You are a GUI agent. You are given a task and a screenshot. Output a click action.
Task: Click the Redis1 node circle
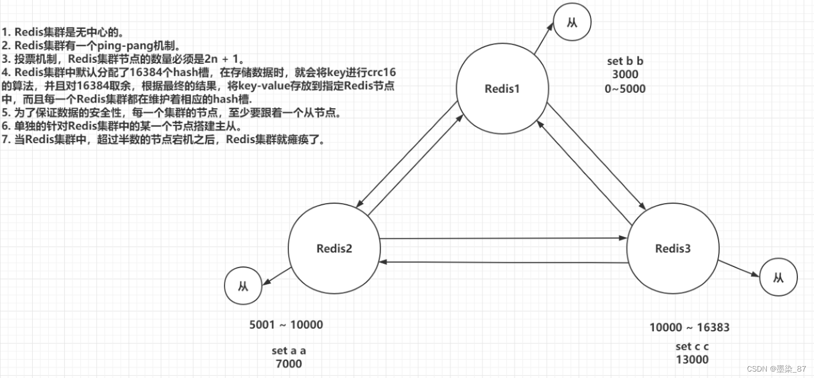(502, 89)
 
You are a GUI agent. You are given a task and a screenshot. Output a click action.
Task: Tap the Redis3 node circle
(673, 248)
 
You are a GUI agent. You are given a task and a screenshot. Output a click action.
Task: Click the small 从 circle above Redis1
(572, 23)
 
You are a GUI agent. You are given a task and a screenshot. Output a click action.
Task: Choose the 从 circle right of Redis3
(778, 277)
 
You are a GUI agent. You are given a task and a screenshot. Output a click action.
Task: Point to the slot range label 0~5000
(625, 89)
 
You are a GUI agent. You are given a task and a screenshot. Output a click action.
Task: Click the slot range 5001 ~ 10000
(286, 324)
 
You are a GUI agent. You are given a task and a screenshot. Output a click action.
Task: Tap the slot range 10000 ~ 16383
(690, 327)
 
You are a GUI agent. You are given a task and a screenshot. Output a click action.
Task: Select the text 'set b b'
(625, 61)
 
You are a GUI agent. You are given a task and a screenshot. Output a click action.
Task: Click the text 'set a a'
(289, 351)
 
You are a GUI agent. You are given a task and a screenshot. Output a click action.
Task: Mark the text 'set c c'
(692, 346)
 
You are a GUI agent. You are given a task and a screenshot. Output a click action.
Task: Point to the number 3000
(625, 75)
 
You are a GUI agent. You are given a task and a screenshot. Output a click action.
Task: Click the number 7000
(289, 364)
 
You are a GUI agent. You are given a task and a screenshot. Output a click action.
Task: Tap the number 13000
(692, 360)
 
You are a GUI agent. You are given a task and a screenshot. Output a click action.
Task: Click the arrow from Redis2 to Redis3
(504, 238)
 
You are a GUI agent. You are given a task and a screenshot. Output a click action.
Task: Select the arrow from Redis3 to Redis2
(504, 262)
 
